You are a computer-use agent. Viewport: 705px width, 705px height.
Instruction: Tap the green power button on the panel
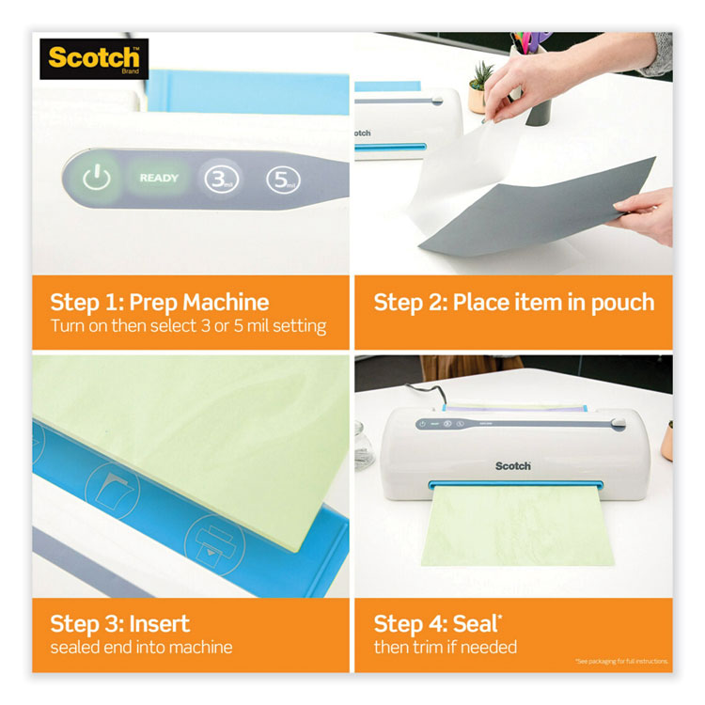coord(96,178)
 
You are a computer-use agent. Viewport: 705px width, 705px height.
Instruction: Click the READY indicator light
coord(158,178)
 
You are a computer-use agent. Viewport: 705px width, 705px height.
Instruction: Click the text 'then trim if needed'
coord(445,647)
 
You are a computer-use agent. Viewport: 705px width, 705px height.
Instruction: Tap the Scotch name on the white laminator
coord(513,464)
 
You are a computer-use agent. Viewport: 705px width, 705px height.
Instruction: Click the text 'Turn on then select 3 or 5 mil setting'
coord(187,326)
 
